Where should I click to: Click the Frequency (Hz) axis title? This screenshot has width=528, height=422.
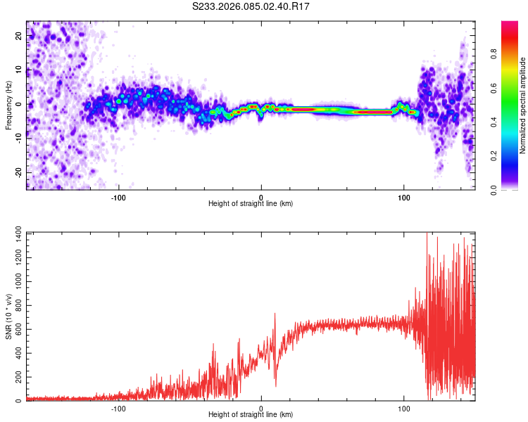[x=8, y=105]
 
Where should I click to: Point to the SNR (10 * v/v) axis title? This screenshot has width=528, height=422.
[x=8, y=316]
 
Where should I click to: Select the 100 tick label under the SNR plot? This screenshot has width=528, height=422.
[x=404, y=408]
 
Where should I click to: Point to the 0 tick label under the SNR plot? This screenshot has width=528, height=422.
[x=261, y=408]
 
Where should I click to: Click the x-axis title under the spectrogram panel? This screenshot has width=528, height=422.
[x=251, y=204]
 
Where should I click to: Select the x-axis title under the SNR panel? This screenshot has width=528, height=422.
[x=251, y=415]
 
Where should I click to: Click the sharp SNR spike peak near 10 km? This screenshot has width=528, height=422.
[x=275, y=314]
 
